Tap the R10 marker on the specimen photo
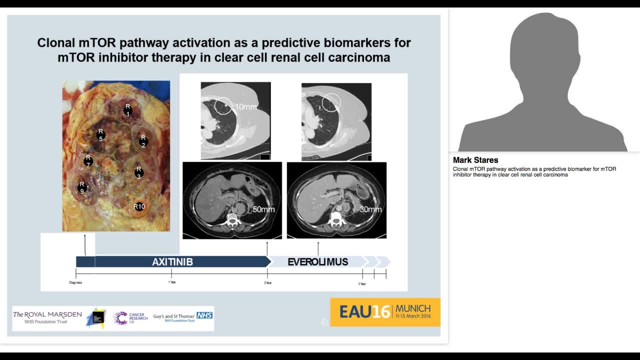pos(139,206)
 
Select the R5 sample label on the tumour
pos(100,135)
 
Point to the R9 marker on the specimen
pos(82,187)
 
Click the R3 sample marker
pos(139,172)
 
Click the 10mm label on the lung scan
pos(245,107)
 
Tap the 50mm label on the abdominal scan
pos(263,209)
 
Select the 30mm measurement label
pos(370,209)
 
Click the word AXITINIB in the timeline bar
pos(172,262)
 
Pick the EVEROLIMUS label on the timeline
pos(318,262)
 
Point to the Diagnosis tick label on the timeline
pos(75,283)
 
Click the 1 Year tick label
pos(171,283)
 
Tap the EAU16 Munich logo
pos(385,312)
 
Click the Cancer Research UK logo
pos(130,318)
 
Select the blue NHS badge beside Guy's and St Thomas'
pos(204,315)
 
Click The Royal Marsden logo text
pos(47,314)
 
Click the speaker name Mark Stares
pos(475,160)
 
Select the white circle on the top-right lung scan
pos(331,102)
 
